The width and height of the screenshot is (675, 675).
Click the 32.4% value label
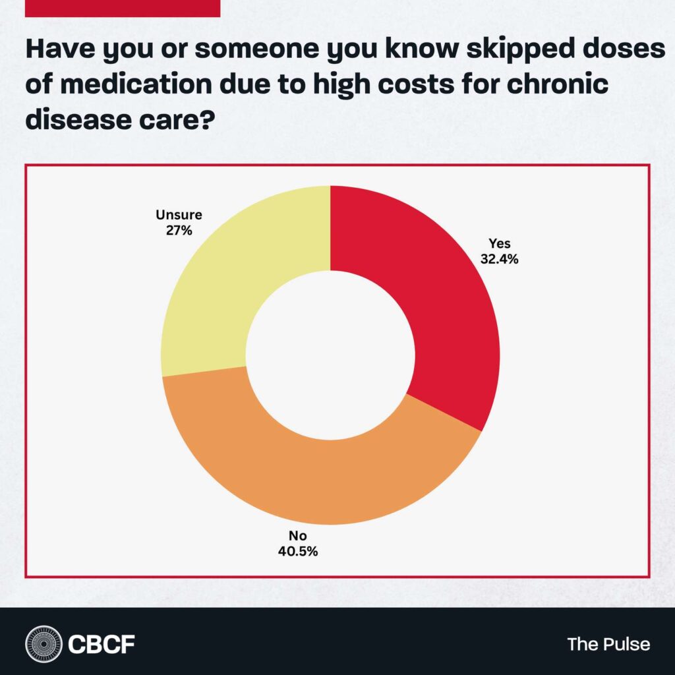coord(500,259)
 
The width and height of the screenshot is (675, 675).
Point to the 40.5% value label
coord(298,551)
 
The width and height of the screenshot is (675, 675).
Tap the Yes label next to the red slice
coord(500,244)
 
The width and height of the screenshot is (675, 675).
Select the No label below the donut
coord(298,535)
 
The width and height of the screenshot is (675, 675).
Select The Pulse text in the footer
coord(608,643)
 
